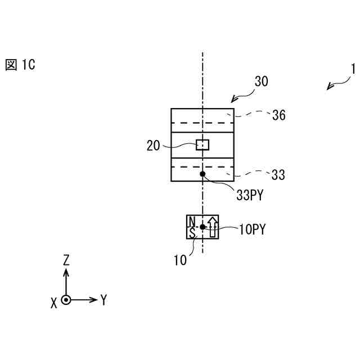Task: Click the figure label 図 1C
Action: point(20,65)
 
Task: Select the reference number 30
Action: point(261,82)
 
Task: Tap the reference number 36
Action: point(278,116)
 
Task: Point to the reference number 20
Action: point(154,146)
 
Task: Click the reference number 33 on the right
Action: point(278,175)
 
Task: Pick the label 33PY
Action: point(250,195)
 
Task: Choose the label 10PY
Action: point(253,229)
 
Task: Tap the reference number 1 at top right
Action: point(353,69)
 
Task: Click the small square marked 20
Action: point(202,145)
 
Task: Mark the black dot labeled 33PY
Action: point(202,175)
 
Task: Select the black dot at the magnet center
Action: point(202,227)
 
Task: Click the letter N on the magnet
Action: point(192,221)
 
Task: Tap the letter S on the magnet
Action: point(192,232)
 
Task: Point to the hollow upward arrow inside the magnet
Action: point(212,227)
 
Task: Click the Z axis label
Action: point(66,259)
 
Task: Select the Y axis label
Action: point(103,300)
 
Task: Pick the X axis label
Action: point(54,303)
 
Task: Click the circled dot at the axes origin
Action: point(66,300)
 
